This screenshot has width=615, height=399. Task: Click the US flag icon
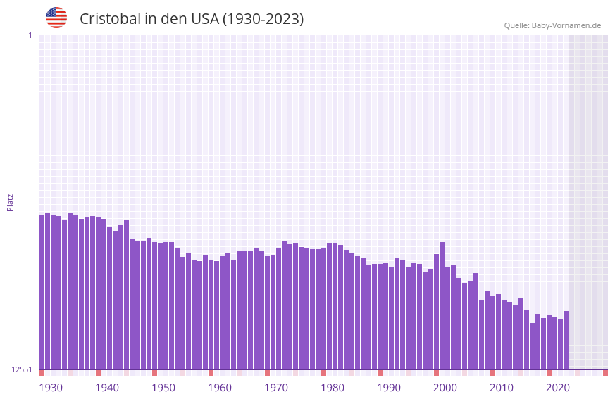pos(56,18)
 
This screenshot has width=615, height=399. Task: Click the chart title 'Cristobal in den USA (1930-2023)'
pos(192,19)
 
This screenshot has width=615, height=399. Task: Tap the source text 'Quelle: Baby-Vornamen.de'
pos(552,25)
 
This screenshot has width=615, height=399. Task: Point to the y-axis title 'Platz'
pos(10,202)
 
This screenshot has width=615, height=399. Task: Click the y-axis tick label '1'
pos(30,35)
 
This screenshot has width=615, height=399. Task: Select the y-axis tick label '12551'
pos(22,369)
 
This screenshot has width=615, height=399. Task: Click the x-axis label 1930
pos(51,388)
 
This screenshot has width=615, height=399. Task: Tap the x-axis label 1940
pos(107,388)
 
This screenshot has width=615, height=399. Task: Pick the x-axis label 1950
pos(163,388)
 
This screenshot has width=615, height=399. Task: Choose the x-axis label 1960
pos(220,388)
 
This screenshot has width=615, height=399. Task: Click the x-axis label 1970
pos(276,388)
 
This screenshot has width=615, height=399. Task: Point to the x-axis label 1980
pos(333,388)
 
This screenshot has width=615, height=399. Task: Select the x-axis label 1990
pos(389,388)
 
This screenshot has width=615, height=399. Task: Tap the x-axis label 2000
pos(445,388)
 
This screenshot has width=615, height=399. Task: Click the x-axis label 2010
pos(502,388)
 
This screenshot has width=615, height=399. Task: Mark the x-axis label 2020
pos(558,388)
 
